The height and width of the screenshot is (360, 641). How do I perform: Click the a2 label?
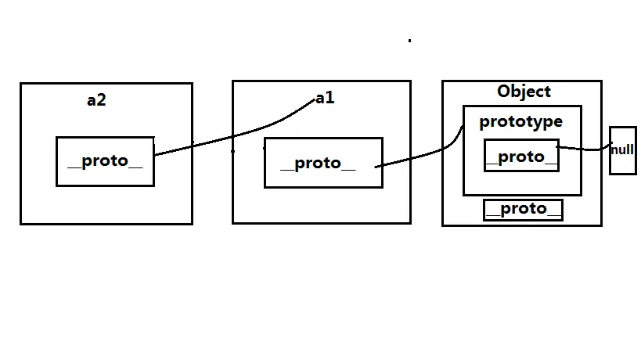pos(96,100)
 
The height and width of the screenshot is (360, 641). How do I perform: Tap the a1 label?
pos(325,98)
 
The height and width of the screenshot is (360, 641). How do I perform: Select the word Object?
pos(524,92)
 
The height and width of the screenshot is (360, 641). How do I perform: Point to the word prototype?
pos(520,121)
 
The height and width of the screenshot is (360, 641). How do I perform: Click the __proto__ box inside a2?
pos(105,161)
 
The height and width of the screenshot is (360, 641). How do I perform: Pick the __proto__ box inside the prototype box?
pos(521,156)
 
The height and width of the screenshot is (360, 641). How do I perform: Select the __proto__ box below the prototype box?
pos(523,209)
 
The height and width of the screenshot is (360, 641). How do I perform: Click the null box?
pos(622,149)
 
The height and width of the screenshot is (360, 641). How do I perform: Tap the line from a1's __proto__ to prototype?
pos(419,157)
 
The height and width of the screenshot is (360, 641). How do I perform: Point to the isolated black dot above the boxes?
pos(409,39)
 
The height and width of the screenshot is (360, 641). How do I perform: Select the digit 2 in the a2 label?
pos(101,100)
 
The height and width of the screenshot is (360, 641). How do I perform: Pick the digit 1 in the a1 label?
pos(330,98)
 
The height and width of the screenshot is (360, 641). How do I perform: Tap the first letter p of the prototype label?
pos(484,123)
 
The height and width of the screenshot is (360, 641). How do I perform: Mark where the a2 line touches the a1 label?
pos(314,100)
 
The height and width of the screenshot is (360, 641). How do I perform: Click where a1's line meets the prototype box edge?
pos(463,127)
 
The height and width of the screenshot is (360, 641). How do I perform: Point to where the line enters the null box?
pos(610,146)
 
